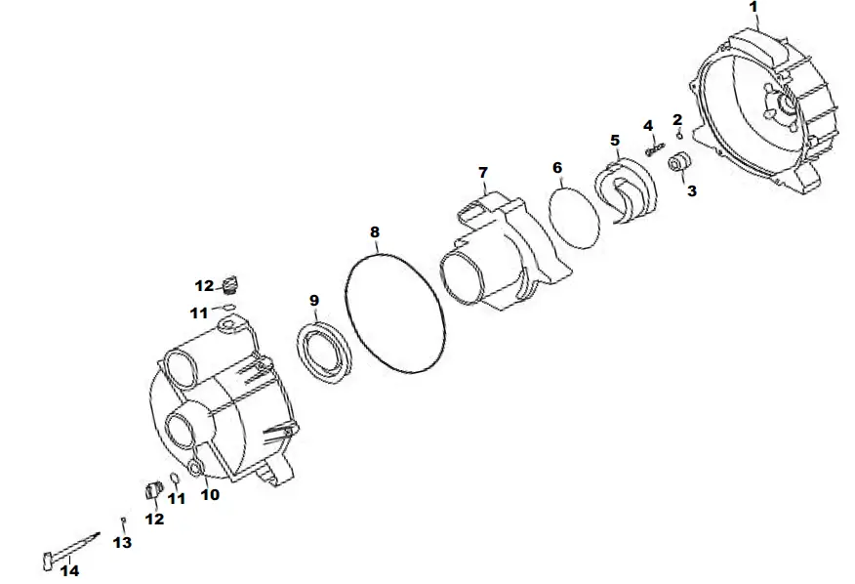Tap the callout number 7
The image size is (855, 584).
[482, 173]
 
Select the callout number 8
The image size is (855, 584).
[375, 232]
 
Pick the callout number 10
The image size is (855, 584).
[210, 494]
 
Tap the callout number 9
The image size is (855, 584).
[313, 299]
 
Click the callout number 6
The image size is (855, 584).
[557, 168]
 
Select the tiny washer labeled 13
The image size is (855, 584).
[124, 520]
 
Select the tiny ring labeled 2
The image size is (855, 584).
[679, 136]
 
